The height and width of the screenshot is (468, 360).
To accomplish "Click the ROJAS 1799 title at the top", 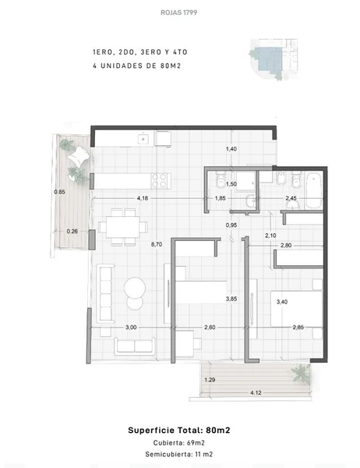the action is [178, 12].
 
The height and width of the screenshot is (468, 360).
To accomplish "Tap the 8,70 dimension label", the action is [157, 244].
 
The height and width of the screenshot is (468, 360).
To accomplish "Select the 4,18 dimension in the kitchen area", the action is [143, 198].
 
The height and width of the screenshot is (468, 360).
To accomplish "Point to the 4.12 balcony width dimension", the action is [256, 393].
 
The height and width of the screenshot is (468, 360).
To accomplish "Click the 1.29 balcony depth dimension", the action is [210, 380].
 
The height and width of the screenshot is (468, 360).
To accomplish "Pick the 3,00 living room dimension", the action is [131, 328].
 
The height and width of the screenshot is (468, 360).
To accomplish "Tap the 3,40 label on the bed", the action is [282, 302].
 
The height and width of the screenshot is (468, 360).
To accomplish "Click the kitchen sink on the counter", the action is [143, 139].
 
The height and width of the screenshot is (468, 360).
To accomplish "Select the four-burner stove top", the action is [160, 181].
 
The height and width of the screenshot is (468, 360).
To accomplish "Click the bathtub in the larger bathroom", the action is [313, 190].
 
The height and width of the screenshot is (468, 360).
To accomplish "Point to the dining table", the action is [122, 227].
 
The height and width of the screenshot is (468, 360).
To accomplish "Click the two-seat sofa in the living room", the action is [135, 346].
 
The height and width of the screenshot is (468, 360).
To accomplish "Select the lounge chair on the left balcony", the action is [78, 156].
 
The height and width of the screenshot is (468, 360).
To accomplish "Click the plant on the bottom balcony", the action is [301, 373].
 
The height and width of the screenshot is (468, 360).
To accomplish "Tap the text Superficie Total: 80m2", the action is [179, 430].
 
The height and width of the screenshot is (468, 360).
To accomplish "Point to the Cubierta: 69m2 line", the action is [179, 443].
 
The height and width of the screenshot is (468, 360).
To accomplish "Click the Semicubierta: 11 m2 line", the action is [179, 454].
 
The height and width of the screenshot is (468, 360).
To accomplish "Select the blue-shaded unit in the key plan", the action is [268, 60].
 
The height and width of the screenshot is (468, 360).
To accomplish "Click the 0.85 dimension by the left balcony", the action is [59, 192].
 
